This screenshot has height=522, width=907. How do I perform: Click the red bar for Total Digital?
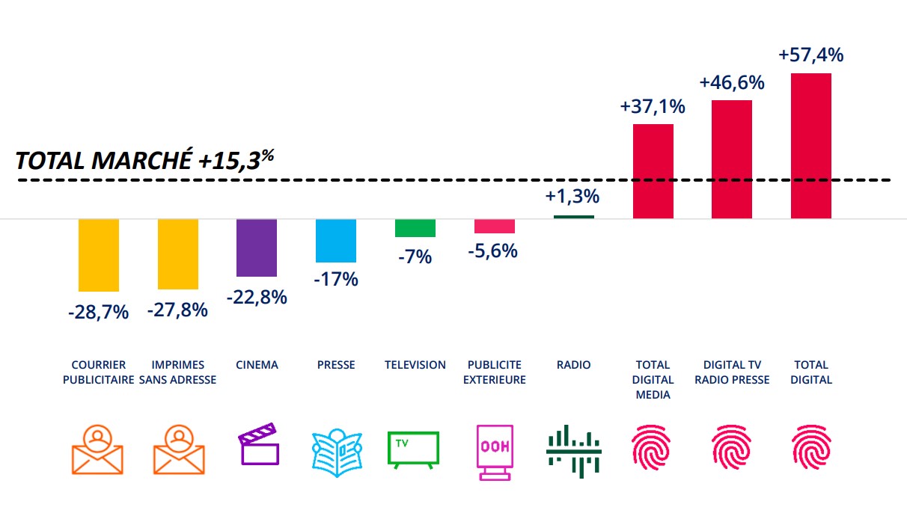point(811,146)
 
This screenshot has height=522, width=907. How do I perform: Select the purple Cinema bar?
point(257,248)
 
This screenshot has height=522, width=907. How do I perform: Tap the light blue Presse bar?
point(336,240)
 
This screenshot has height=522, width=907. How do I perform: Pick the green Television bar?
point(415,228)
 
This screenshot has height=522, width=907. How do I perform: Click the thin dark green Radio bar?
point(574,217)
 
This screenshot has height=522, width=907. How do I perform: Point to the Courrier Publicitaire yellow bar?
point(99,254)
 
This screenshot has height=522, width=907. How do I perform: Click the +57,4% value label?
point(811,55)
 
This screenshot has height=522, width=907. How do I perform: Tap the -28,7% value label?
point(98,313)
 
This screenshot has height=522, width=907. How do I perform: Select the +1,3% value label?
point(572,197)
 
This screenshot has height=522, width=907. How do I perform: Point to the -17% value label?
point(335,280)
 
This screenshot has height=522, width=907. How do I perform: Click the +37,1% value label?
point(653,106)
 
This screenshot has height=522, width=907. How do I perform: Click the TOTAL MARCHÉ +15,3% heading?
point(142,161)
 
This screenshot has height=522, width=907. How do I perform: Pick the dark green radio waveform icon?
point(574,451)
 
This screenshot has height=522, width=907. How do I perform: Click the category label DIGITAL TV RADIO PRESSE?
point(732,372)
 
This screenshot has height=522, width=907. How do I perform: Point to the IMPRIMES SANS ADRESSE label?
point(178,372)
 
